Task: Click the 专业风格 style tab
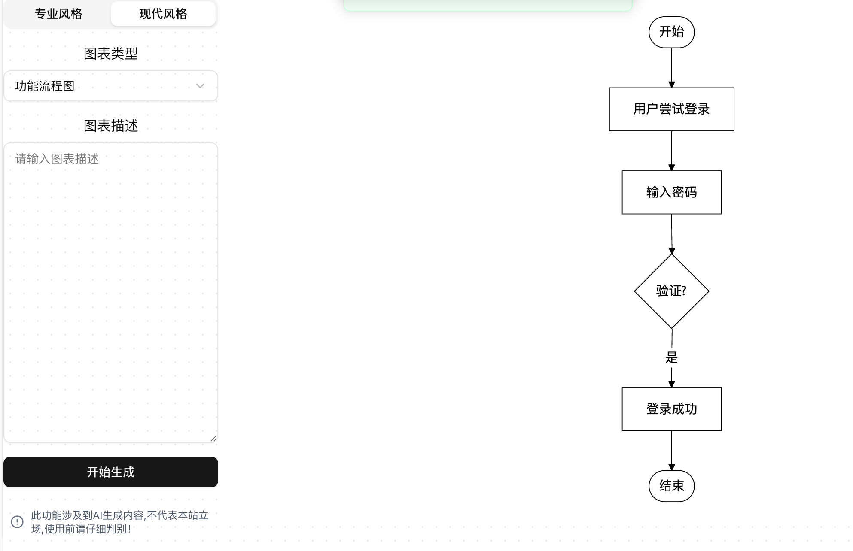click(x=58, y=14)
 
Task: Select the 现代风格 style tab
click(x=163, y=14)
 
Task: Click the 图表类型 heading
click(x=111, y=54)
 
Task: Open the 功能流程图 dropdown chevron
click(x=200, y=86)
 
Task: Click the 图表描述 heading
click(x=111, y=126)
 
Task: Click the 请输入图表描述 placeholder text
click(x=57, y=159)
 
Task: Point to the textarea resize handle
click(x=213, y=438)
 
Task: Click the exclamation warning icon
click(x=17, y=522)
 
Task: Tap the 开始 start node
click(x=671, y=32)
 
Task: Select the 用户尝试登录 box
click(x=671, y=109)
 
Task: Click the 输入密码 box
click(x=671, y=192)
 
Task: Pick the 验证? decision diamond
click(x=671, y=291)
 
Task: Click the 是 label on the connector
click(x=671, y=357)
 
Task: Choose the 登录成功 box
click(x=671, y=409)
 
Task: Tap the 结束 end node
click(x=671, y=486)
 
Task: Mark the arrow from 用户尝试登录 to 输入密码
click(x=672, y=151)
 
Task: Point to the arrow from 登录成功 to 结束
click(x=672, y=450)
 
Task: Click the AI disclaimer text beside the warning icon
click(x=119, y=522)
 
